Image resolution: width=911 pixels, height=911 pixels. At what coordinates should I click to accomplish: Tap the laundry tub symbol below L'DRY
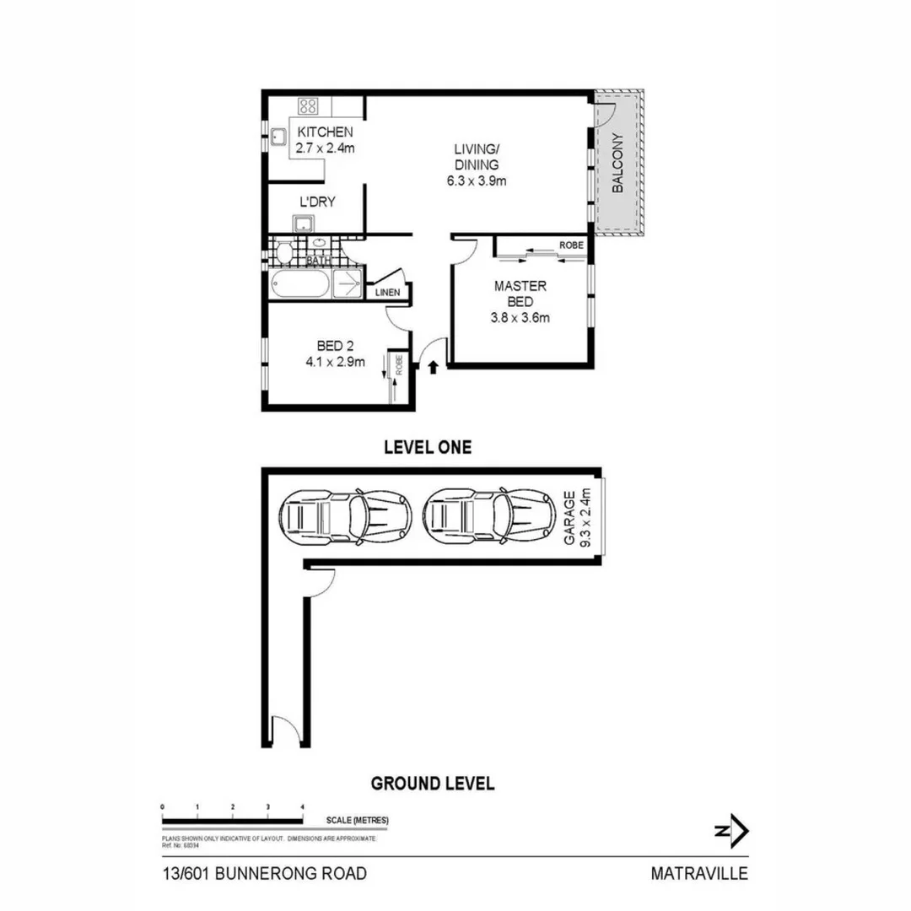pyautogui.click(x=304, y=224)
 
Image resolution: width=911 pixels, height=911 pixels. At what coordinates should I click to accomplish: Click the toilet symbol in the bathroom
pyautogui.click(x=284, y=252)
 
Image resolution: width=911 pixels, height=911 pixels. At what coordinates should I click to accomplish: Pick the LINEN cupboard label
pyautogui.click(x=388, y=293)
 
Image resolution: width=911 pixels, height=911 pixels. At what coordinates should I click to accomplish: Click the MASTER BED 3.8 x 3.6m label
pyautogui.click(x=520, y=302)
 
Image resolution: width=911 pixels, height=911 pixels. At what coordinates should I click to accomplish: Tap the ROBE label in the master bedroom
pyautogui.click(x=571, y=245)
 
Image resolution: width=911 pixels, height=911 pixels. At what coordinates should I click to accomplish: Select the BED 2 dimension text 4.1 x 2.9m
pyautogui.click(x=335, y=363)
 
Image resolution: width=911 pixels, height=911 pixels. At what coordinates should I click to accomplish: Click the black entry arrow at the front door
pyautogui.click(x=434, y=367)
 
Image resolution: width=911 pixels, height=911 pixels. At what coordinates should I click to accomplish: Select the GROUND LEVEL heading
pyautogui.click(x=433, y=784)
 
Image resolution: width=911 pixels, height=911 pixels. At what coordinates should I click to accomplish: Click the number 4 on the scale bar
pyautogui.click(x=302, y=807)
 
